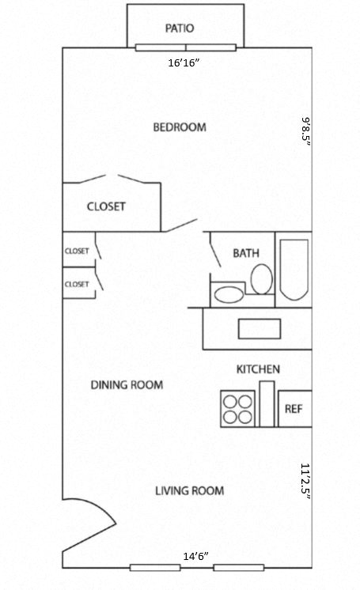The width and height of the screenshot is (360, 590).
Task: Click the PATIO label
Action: tap(180, 28)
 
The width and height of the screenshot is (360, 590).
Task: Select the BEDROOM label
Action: tap(180, 127)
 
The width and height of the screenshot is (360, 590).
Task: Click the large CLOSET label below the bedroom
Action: tap(106, 206)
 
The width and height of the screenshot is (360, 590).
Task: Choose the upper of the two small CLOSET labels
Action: tap(77, 251)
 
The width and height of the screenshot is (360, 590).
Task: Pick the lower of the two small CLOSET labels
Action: tap(77, 284)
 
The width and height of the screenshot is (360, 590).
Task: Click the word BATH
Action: tap(246, 253)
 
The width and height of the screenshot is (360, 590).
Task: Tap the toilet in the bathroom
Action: tap(261, 279)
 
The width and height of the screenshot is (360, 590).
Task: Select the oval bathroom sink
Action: tap(229, 296)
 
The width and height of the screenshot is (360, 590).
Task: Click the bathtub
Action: tap(294, 269)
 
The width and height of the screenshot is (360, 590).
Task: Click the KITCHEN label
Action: tap(258, 369)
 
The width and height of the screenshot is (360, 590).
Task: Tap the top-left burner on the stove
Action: tap(229, 400)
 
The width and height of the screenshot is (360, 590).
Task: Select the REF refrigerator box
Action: tap(294, 410)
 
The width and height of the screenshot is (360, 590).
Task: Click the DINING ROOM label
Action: tap(127, 385)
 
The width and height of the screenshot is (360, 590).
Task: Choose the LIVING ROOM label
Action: tap(189, 490)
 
